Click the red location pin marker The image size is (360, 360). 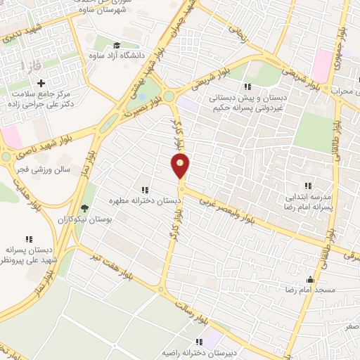181,166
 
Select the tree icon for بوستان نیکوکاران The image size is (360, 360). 85,209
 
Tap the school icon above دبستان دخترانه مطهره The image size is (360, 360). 145,190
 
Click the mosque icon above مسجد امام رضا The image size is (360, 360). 311,278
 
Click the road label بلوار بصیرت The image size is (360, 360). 142,103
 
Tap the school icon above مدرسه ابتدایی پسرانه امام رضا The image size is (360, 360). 307,186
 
